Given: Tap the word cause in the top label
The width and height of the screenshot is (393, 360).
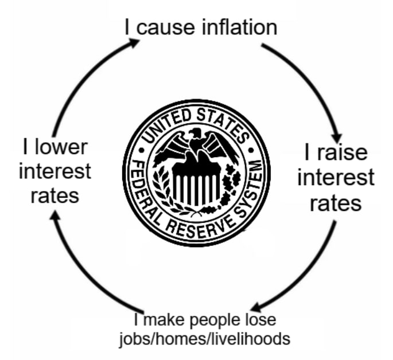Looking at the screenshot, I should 161,27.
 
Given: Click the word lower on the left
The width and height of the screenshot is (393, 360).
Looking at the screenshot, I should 60,147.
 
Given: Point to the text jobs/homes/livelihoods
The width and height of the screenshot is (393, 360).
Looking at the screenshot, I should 204,338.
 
